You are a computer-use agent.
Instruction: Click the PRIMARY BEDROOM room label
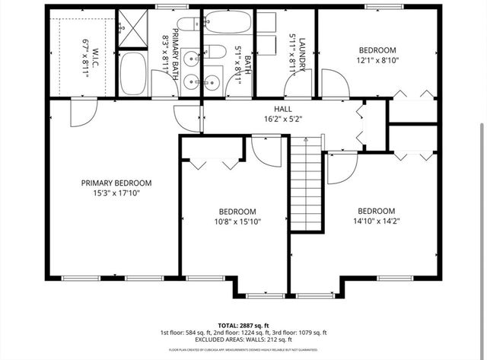click(116, 183)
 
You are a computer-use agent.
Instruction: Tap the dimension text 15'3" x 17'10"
click(116, 193)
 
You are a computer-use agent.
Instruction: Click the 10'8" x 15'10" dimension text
click(237, 222)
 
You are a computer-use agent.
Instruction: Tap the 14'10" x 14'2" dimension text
click(377, 222)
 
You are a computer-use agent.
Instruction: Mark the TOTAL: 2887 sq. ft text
click(240, 323)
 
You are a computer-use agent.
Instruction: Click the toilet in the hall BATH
click(215, 53)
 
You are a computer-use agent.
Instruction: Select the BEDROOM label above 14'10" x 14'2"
click(377, 211)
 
